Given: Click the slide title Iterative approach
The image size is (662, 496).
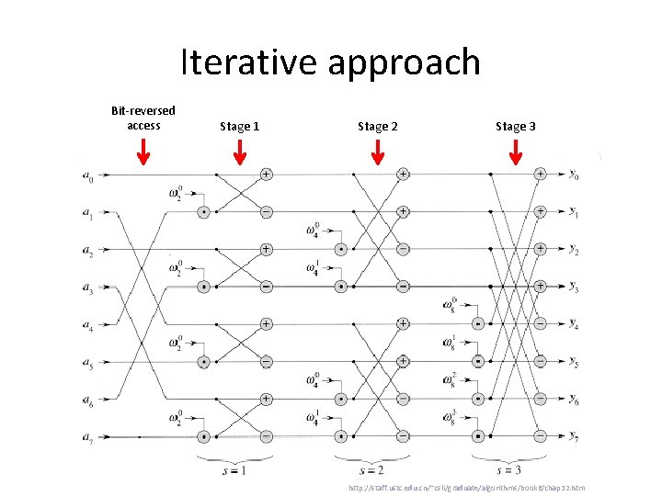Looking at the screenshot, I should click(x=330, y=62).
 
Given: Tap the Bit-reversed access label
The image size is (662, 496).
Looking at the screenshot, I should click(x=143, y=118).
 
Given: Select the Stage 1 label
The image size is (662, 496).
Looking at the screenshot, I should click(x=239, y=126).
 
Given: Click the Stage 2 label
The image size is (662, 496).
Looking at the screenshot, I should click(x=377, y=126).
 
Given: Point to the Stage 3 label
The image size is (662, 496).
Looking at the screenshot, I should click(x=515, y=126).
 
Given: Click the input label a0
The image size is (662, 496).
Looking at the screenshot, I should click(x=86, y=174).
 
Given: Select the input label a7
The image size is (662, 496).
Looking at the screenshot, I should click(x=86, y=438).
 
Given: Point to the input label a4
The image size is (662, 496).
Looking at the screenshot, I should click(x=86, y=325).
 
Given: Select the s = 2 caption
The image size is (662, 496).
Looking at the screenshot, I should click(x=375, y=470).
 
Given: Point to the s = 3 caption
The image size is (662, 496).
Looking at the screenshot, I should click(x=513, y=470).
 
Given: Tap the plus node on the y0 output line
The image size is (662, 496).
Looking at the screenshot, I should click(x=541, y=173).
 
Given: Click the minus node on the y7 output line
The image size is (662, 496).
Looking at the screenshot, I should click(x=541, y=436).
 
